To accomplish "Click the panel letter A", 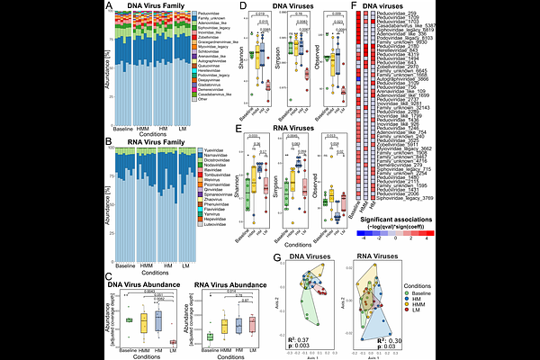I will point(108,8).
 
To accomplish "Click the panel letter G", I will point(276,258).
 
